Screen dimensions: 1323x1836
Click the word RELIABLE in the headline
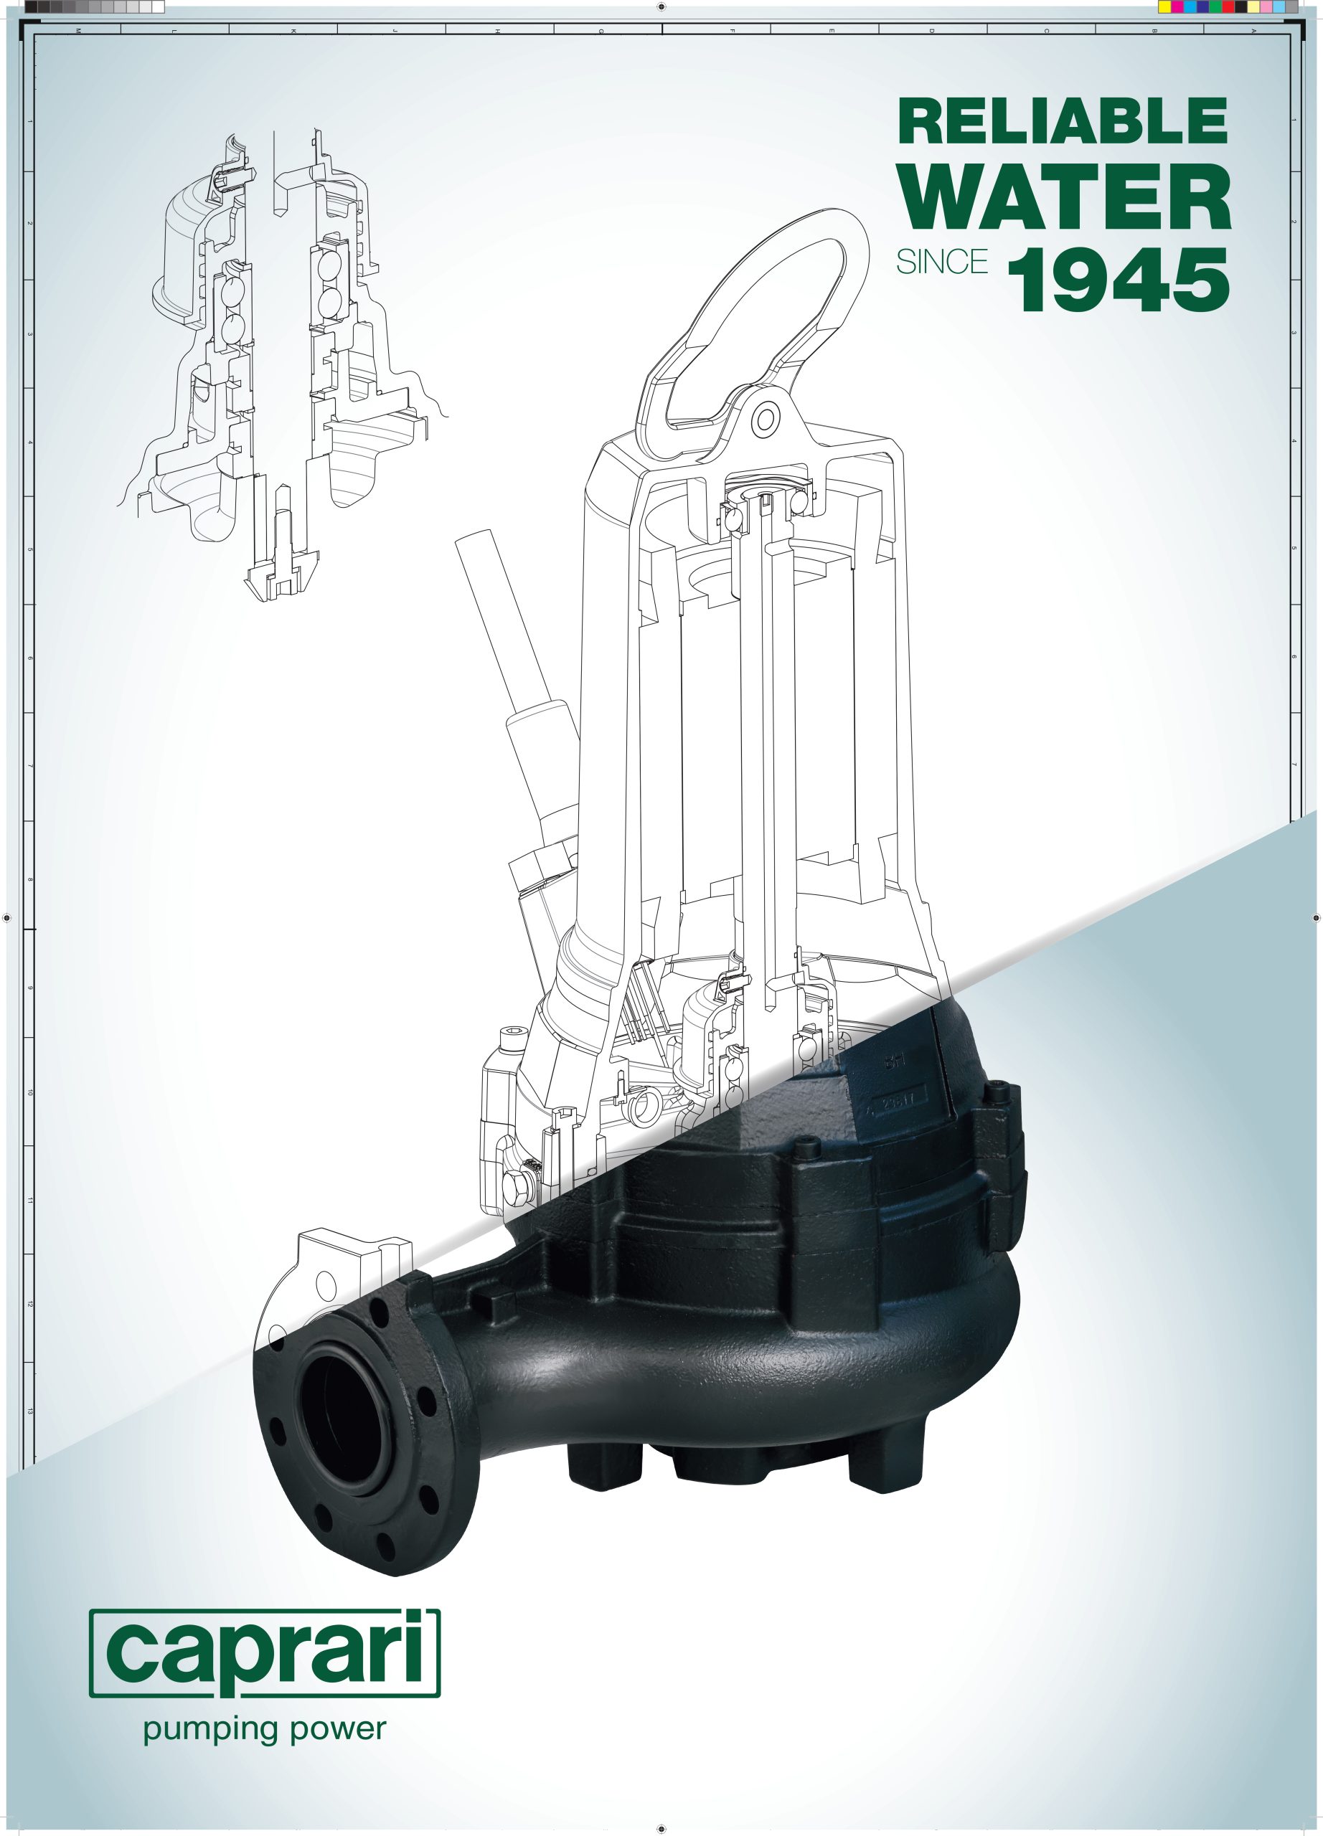(1063, 122)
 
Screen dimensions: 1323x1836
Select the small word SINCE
(941, 262)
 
